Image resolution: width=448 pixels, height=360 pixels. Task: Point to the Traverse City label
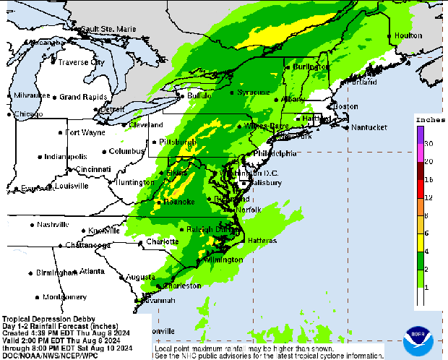[x=81, y=62]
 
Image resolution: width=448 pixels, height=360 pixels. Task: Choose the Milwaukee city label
[x=32, y=95]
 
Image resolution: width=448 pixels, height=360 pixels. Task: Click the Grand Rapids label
[x=84, y=97]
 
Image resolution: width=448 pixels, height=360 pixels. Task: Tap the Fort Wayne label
[x=85, y=132]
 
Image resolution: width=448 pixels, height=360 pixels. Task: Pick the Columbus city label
[x=127, y=151]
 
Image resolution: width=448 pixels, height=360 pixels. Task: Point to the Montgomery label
[x=65, y=297]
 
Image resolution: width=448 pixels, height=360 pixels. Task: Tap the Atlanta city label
[x=92, y=271]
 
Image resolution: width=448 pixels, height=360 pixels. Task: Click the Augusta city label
[x=140, y=277]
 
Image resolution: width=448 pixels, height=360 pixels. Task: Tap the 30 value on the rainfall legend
[x=428, y=145]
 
